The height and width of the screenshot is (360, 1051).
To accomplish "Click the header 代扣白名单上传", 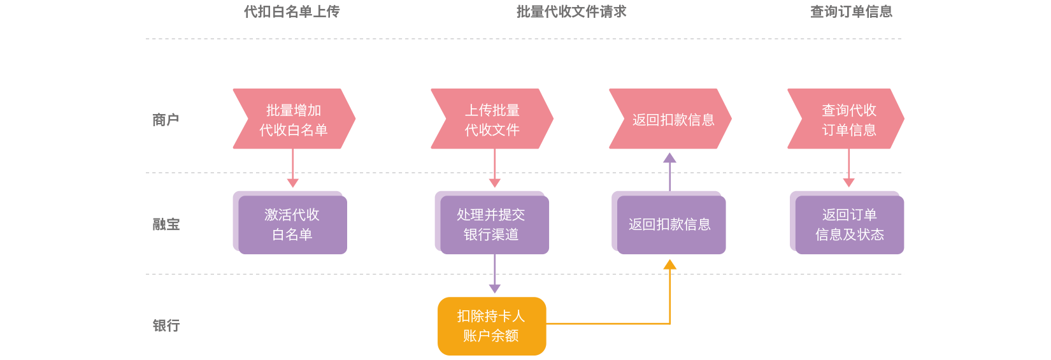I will pyautogui.click(x=292, y=11).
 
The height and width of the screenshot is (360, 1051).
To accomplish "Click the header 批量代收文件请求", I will pyautogui.click(x=571, y=11).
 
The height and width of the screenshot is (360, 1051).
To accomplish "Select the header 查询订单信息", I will pyautogui.click(x=851, y=11).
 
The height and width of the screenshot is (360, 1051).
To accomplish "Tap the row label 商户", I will pyautogui.click(x=166, y=120).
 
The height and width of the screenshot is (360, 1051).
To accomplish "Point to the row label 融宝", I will pyautogui.click(x=166, y=224).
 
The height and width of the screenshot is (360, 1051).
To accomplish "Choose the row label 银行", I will pyautogui.click(x=166, y=326).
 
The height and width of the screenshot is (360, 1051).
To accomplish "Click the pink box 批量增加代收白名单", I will pyautogui.click(x=293, y=119).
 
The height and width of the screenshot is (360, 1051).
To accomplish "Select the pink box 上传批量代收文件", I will pyautogui.click(x=492, y=119).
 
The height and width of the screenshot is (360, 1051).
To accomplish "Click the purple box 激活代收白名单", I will pyautogui.click(x=292, y=224).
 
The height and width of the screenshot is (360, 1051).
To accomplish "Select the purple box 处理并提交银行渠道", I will pyautogui.click(x=492, y=224).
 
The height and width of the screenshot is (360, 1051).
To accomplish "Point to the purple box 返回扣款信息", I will pyautogui.click(x=669, y=224).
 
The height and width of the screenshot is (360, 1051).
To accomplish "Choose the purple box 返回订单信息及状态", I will pyautogui.click(x=849, y=224).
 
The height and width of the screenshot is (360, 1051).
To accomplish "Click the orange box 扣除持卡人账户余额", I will pyautogui.click(x=492, y=326).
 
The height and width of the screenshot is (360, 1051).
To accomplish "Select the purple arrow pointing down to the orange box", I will pyautogui.click(x=495, y=274).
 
